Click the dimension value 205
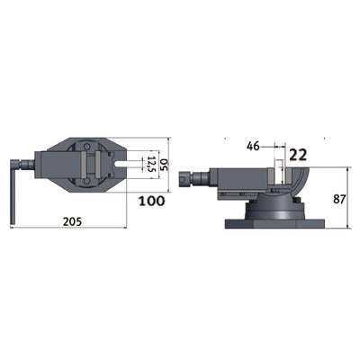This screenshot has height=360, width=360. [x=77, y=220]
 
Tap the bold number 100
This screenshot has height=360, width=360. [x=152, y=201]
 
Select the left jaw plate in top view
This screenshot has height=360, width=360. [x=85, y=165]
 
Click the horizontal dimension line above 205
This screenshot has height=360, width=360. [x=77, y=228]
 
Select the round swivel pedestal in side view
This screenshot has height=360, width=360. [x=269, y=208]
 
